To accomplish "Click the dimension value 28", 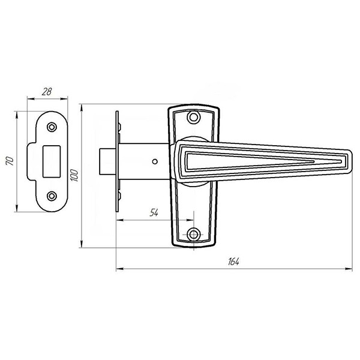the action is click(x=47, y=92).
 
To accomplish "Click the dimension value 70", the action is click(x=10, y=161).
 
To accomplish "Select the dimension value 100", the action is click(x=74, y=175).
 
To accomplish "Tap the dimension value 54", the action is click(x=154, y=213).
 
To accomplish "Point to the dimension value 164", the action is click(x=233, y=262).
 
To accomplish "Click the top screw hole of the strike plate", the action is click(x=52, y=127).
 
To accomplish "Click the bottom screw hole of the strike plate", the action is click(x=52, y=196).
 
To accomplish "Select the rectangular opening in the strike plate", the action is click(x=52, y=161).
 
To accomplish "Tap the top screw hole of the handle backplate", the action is click(x=194, y=118).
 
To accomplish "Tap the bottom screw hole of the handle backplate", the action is click(x=194, y=235).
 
